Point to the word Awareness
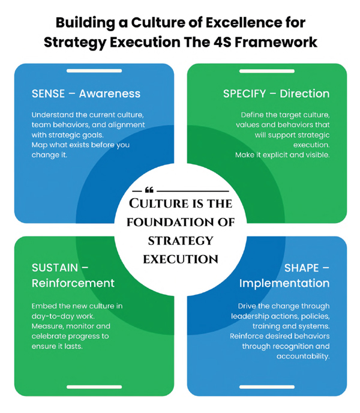pos(111,94)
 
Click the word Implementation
pos(284,283)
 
